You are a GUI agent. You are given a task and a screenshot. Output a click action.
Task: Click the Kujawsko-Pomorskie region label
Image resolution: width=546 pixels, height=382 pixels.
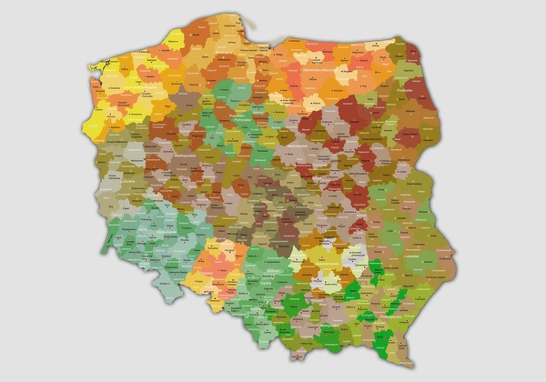[x=246, y=119]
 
